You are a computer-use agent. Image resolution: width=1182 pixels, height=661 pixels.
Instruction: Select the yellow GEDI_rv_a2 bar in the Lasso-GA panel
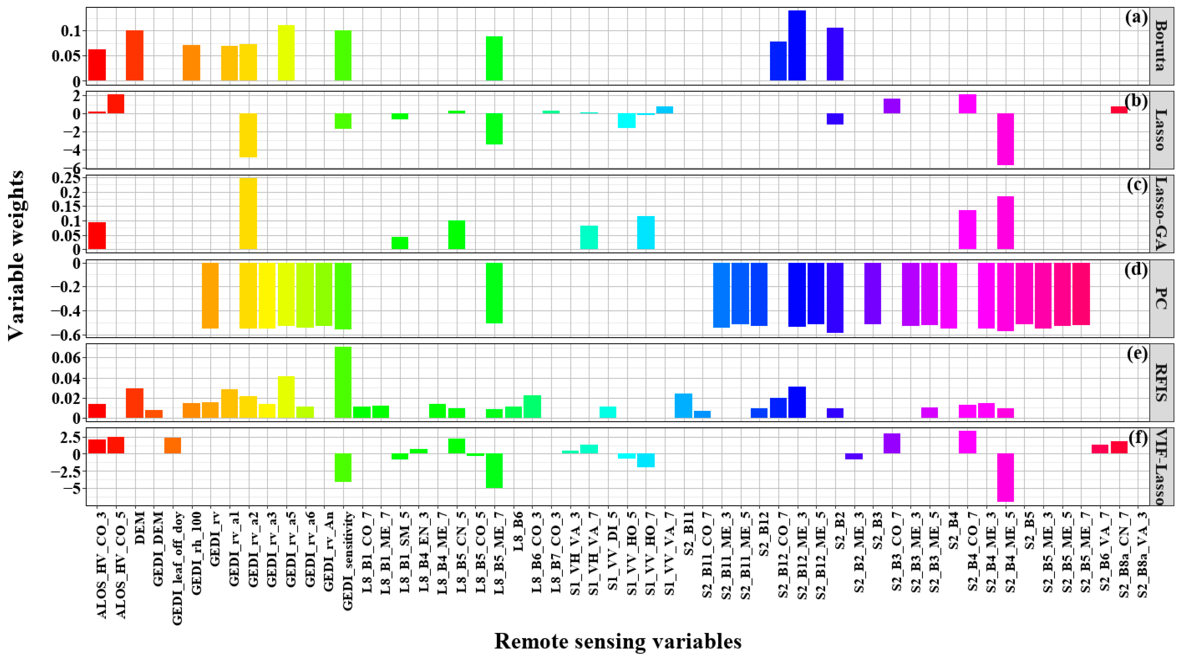248,214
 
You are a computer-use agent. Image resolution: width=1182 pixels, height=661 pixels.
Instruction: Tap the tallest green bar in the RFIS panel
343,383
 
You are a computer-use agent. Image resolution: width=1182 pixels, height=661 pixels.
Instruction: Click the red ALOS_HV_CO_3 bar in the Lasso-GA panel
97,236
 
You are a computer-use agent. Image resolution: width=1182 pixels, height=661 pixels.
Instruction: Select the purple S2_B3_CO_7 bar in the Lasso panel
892,106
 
